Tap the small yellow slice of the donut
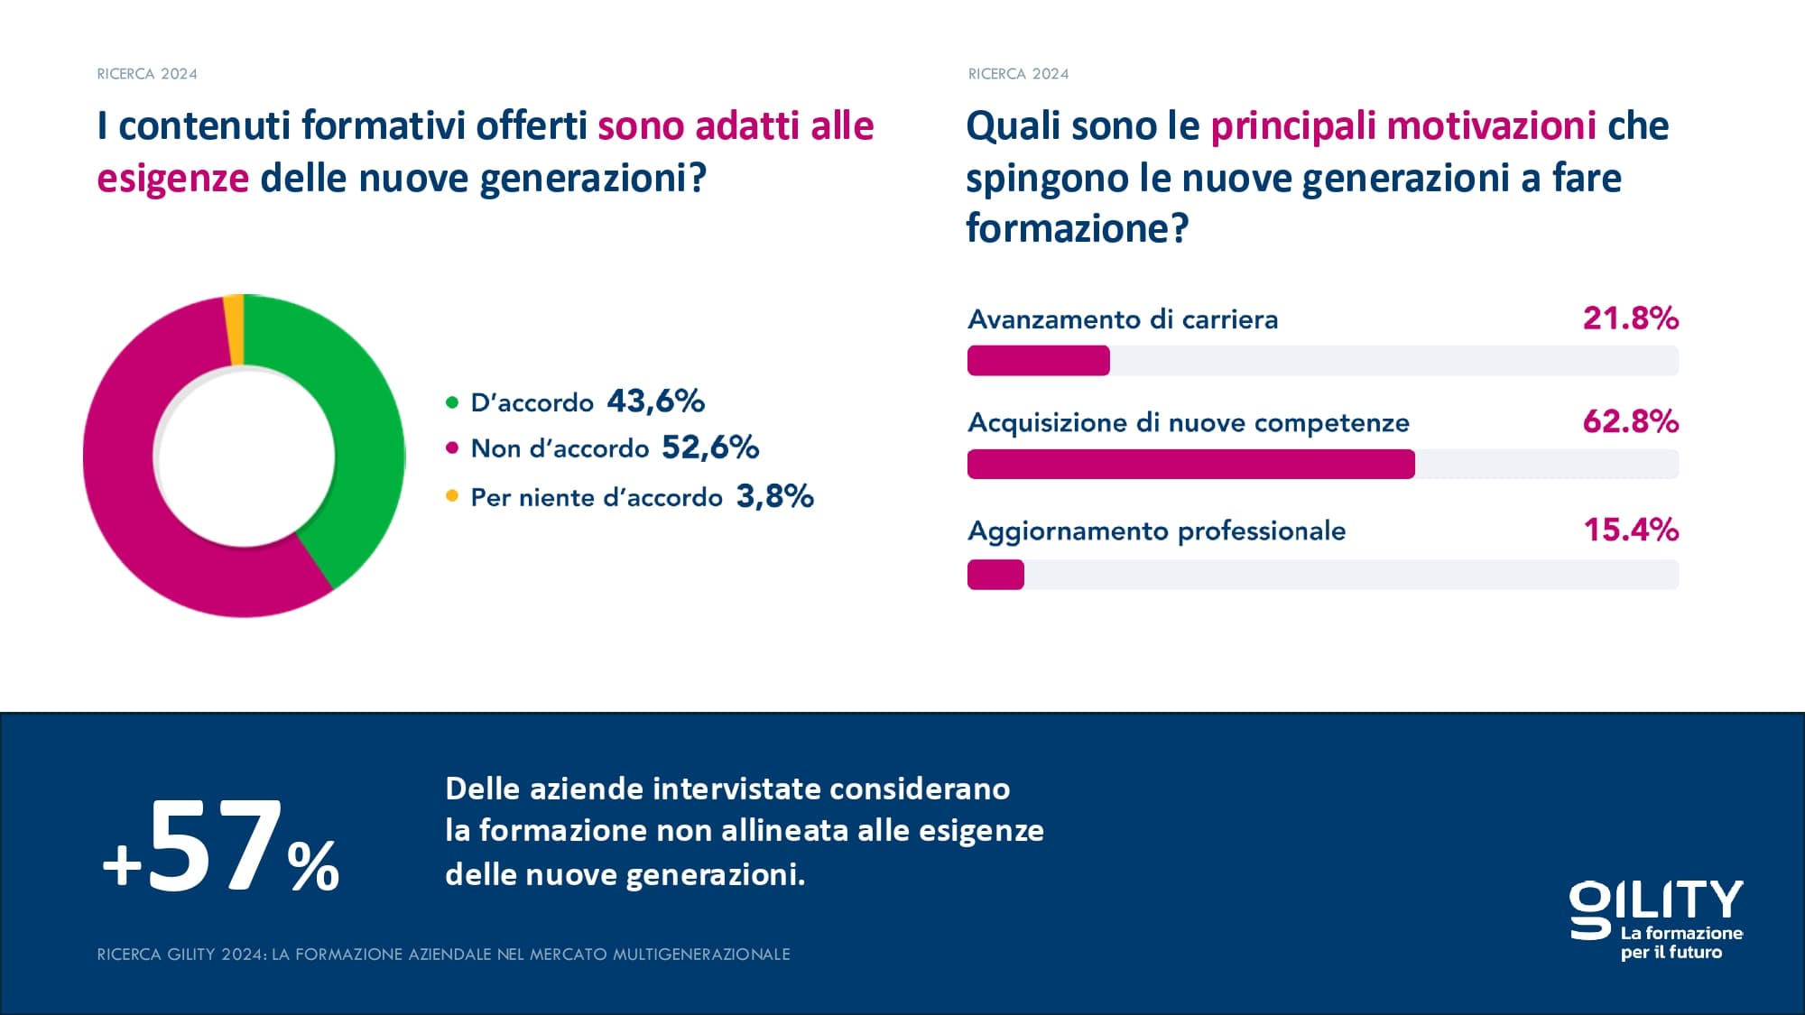tap(234, 329)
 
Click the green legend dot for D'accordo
tap(452, 402)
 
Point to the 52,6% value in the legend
tap(710, 448)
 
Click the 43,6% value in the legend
tap(655, 401)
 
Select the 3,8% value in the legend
tap(774, 496)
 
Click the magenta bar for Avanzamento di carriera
tap(1038, 361)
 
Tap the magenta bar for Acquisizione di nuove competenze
tap(1190, 465)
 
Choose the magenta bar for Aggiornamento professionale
tap(995, 575)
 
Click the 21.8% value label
tap(1630, 318)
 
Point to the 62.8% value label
tap(1630, 421)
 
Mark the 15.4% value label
tap(1631, 530)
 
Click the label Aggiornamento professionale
tap(1156, 531)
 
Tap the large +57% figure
tap(221, 848)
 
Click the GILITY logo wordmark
tap(1656, 902)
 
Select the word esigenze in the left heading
tap(172, 179)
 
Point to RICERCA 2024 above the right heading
tap(1018, 74)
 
